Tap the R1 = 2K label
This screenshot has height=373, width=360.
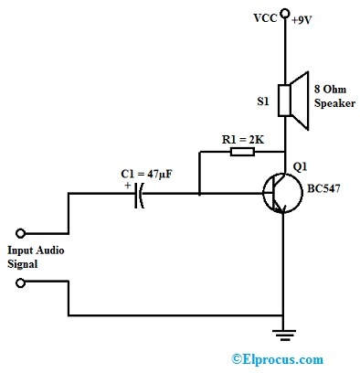(244, 138)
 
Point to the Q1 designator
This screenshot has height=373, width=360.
(302, 167)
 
